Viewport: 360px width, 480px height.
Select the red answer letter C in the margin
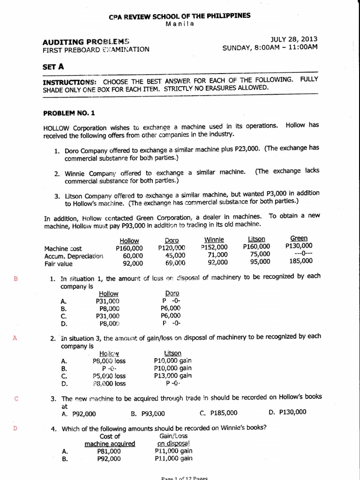pyautogui.click(x=16, y=399)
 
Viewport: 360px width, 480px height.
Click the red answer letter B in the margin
pyautogui.click(x=16, y=278)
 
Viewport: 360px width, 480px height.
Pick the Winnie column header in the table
pyautogui.click(x=217, y=240)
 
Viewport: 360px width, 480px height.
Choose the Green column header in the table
pyautogui.click(x=299, y=239)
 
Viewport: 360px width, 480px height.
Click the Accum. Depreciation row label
pyautogui.click(x=73, y=256)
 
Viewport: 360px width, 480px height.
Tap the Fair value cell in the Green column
pyautogui.click(x=299, y=262)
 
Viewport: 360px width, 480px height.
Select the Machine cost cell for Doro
pyautogui.click(x=172, y=248)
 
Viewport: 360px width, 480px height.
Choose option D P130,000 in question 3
pyautogui.click(x=287, y=412)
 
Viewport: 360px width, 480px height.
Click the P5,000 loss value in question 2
pyautogui.click(x=109, y=376)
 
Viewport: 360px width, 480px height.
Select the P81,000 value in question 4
pyautogui.click(x=109, y=451)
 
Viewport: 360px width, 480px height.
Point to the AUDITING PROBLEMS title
pyautogui.click(x=86, y=41)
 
